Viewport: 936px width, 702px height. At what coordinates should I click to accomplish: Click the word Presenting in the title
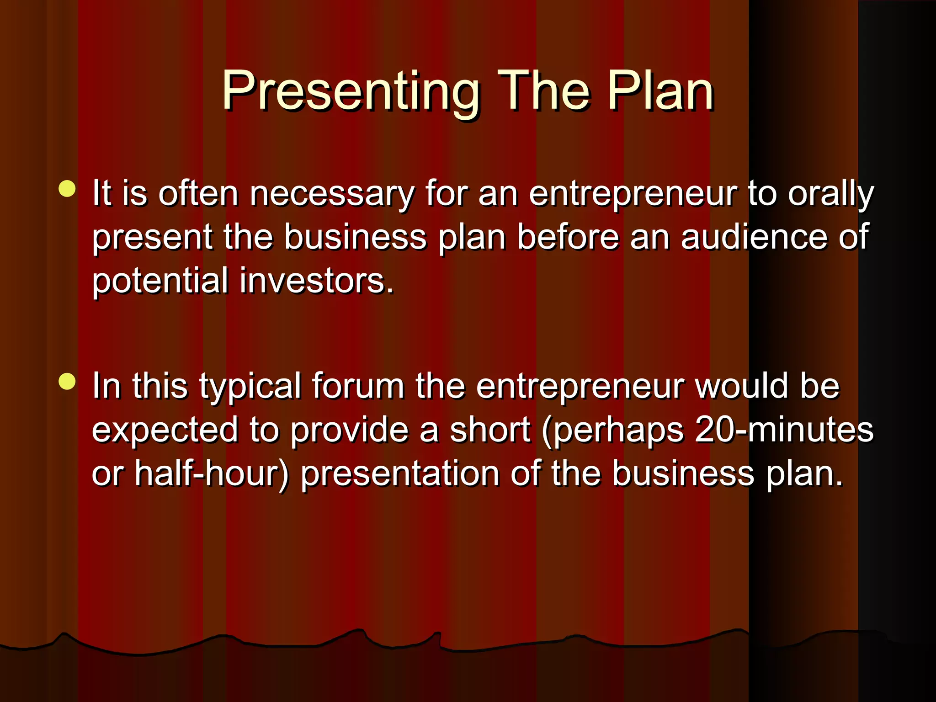(350, 91)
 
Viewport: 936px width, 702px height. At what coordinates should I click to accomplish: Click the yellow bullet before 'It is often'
(67, 189)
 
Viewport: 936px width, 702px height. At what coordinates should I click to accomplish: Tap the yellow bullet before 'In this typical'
(67, 381)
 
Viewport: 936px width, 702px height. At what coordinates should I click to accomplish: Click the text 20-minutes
(784, 430)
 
